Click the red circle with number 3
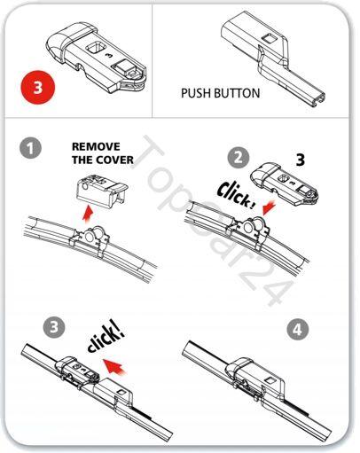pyautogui.click(x=38, y=87)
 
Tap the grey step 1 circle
pyautogui.click(x=30, y=148)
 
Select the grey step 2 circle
pyautogui.click(x=239, y=157)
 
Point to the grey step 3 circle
pyautogui.click(x=54, y=327)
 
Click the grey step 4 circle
pyautogui.click(x=298, y=329)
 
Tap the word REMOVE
pyautogui.click(x=96, y=146)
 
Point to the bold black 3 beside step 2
pyautogui.click(x=300, y=160)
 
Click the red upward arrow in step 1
pyautogui.click(x=88, y=214)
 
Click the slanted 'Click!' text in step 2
pyautogui.click(x=236, y=196)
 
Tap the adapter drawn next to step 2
pyautogui.click(x=285, y=184)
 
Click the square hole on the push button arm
pyautogui.click(x=269, y=39)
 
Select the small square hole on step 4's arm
pyautogui.click(x=270, y=380)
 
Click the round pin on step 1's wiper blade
pyautogui.click(x=90, y=237)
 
